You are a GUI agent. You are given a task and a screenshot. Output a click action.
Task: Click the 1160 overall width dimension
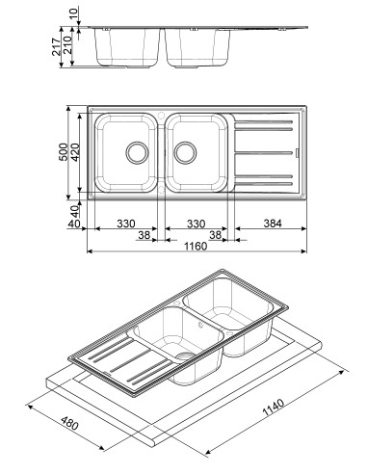pos(196,247)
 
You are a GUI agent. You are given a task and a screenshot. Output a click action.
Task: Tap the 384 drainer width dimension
pos(273,224)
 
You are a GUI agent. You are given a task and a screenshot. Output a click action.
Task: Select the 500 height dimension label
pos(64,152)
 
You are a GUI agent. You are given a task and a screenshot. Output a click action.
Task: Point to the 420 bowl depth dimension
pos(75,152)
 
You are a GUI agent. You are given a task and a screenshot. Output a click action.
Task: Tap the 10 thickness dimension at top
pos(73,13)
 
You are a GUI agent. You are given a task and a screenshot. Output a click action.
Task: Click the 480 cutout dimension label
pos(69,423)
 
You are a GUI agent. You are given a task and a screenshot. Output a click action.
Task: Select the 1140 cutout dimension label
pos(274,408)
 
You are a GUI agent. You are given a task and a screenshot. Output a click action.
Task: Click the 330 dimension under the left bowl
pos(126,224)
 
